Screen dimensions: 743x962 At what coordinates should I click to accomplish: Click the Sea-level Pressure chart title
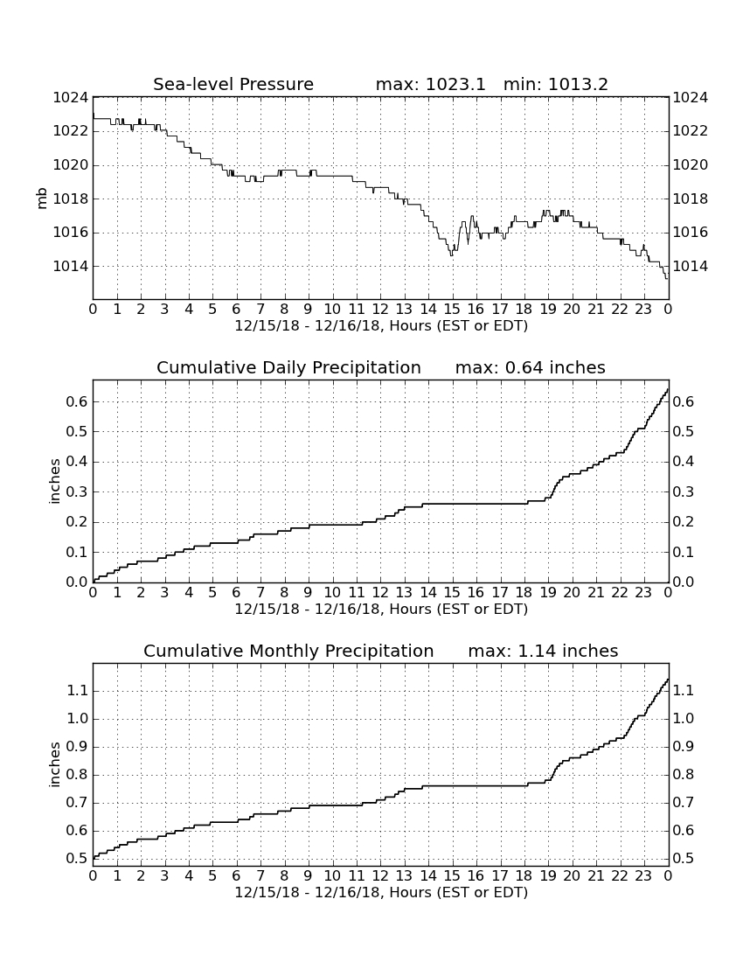point(233,84)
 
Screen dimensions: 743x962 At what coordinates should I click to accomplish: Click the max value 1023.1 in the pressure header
point(455,84)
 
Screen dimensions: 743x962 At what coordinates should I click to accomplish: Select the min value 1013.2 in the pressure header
point(578,84)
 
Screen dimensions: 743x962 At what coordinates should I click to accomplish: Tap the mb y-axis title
point(42,199)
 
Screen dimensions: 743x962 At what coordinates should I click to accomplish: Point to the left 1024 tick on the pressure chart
point(71,98)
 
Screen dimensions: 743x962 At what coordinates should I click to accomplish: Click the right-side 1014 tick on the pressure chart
point(691,266)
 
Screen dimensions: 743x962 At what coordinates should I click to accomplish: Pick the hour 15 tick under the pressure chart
point(452,309)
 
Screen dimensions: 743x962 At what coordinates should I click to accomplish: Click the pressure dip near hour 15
point(452,254)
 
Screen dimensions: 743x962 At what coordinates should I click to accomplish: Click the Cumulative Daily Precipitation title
point(288,367)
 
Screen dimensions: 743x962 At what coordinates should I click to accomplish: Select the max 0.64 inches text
point(531,367)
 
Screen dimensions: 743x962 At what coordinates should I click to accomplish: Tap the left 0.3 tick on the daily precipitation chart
point(77,492)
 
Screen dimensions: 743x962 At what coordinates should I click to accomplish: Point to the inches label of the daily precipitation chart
point(55,482)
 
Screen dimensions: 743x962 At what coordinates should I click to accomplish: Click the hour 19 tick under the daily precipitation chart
point(547,592)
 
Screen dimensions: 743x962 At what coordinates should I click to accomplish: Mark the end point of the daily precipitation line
point(668,388)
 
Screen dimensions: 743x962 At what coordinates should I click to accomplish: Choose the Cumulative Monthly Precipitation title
point(288,651)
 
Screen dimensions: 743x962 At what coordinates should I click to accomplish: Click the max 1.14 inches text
point(543,651)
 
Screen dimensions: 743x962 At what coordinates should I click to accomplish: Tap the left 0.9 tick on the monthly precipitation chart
point(77,747)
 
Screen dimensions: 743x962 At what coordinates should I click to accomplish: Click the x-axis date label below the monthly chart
point(381,892)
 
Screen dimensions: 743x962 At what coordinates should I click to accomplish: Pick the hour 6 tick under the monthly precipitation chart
point(237,875)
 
